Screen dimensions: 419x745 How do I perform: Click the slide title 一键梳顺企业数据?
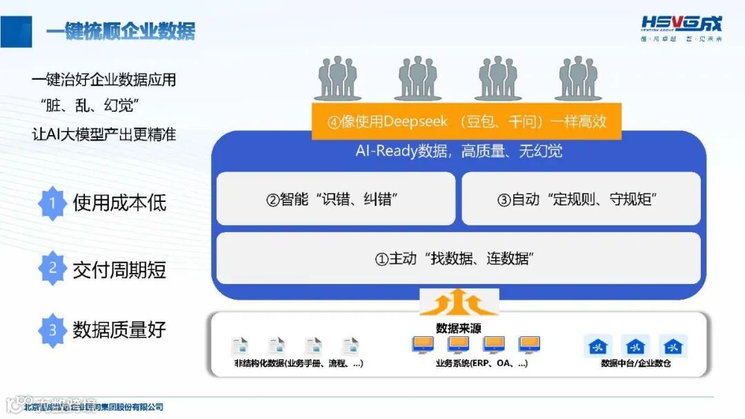pos(121,31)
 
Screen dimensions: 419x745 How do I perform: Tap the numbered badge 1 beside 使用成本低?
pos(52,203)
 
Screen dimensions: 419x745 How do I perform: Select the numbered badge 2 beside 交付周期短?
pos(52,268)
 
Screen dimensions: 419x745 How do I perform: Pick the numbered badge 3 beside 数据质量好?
pos(52,330)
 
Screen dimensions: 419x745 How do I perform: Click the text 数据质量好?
pos(119,330)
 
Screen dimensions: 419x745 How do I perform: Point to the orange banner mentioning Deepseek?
pos(467,122)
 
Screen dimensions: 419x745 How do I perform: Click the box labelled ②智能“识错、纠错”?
pos(335,200)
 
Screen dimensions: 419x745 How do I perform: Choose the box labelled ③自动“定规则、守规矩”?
pos(581,200)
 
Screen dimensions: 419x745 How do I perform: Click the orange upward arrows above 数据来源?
pos(459,303)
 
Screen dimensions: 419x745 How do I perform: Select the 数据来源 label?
pos(458,327)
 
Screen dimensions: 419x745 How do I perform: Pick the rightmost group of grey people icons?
pos(577,79)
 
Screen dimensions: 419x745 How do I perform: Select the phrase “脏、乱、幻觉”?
pos(90,106)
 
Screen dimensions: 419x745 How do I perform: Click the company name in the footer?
pos(94,407)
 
